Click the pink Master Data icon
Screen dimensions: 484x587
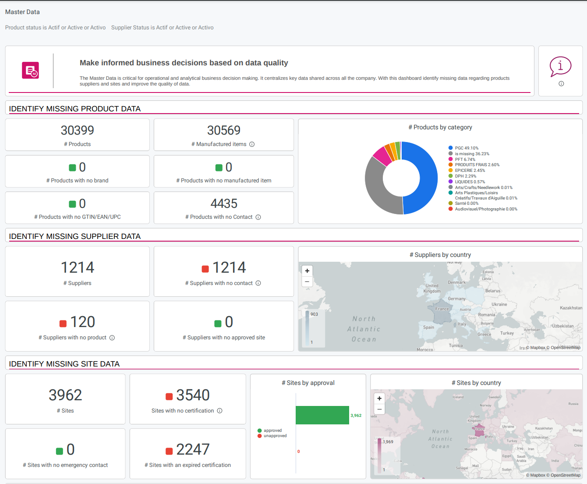click(x=30, y=70)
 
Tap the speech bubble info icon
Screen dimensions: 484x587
click(x=560, y=67)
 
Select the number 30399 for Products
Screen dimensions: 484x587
click(x=77, y=130)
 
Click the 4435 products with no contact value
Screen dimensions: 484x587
click(x=224, y=203)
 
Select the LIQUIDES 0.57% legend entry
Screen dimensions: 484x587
click(x=469, y=182)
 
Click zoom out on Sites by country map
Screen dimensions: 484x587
click(x=379, y=409)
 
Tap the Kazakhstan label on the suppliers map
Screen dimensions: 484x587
click(x=571, y=308)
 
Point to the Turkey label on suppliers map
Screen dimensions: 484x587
click(x=507, y=333)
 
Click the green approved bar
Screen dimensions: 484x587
click(x=322, y=415)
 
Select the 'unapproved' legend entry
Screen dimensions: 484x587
click(x=275, y=436)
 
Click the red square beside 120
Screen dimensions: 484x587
click(x=63, y=324)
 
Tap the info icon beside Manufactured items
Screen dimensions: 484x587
click(x=252, y=144)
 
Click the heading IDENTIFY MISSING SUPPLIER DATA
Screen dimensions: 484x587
click(x=75, y=236)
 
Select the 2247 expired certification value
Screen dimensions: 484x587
click(x=193, y=449)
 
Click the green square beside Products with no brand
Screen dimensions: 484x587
click(x=73, y=167)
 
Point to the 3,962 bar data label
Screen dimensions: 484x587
click(x=356, y=416)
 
